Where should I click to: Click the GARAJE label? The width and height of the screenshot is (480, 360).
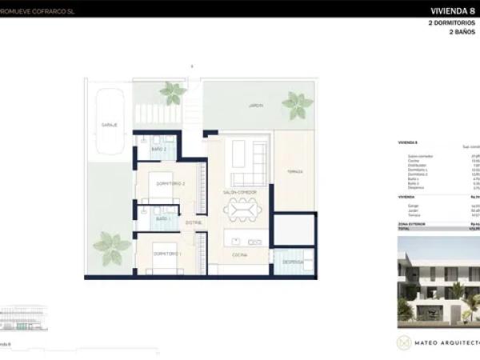(109, 126)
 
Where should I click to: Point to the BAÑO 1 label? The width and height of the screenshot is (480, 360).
(162, 218)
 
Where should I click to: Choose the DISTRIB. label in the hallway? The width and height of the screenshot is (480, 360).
(194, 222)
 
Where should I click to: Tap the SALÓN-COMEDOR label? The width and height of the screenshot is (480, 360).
(240, 193)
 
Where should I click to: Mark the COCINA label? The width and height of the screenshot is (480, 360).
(240, 254)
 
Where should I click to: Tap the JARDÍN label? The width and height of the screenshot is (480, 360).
(233, 104)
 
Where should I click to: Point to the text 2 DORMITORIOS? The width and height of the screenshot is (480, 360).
(452, 24)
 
